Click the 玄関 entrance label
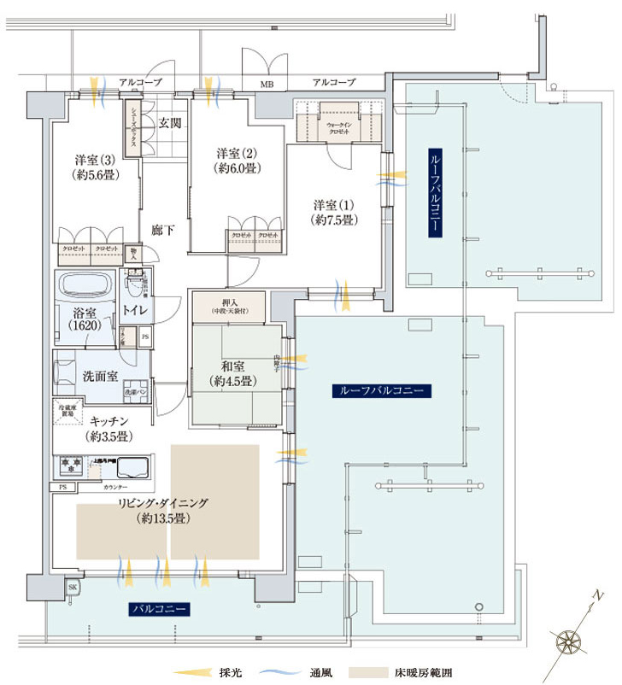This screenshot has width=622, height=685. (169, 123)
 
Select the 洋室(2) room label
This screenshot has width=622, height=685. (236, 160)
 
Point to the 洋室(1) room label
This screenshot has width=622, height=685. (333, 212)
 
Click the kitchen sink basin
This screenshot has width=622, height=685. (132, 467)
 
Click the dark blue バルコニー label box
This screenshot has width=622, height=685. (159, 609)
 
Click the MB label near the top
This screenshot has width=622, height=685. (267, 84)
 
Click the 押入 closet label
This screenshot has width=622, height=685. (230, 304)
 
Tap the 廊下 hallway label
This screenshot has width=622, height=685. (163, 231)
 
